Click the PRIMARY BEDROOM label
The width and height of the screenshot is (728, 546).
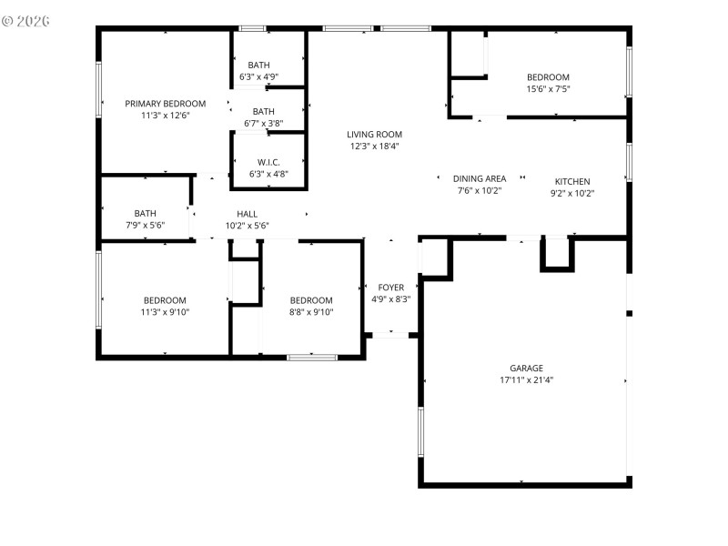point(166,104)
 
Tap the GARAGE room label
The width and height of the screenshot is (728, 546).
point(521,369)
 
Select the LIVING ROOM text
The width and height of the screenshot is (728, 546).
point(374,134)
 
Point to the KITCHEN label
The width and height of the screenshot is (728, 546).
point(572,181)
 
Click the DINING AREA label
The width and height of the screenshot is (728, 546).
point(480,179)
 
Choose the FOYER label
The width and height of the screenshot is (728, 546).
point(391,288)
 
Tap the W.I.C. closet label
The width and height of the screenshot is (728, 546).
point(269,162)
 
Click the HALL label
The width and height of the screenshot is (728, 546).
point(247,214)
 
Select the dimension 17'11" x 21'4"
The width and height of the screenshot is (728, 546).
point(521,380)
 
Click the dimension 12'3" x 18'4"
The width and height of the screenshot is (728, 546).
point(374,146)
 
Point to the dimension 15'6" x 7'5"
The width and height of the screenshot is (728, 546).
point(548,88)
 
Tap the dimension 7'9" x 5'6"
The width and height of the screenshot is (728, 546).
point(146,225)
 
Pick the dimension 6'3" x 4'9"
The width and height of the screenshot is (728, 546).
point(259,76)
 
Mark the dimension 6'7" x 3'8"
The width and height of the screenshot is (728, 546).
point(264,123)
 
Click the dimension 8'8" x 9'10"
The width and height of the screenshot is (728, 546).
point(311,312)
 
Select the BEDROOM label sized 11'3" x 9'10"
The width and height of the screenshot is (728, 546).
point(165,300)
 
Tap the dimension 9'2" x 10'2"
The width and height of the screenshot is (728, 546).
point(572,193)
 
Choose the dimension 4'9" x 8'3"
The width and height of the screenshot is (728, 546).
point(391,299)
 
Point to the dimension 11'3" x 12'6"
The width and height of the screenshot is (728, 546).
point(166,116)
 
